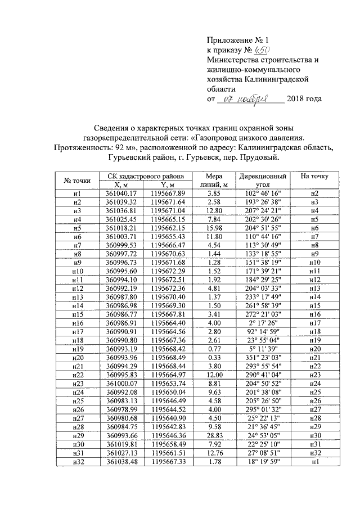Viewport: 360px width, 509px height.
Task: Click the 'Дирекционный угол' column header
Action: (x=263, y=180)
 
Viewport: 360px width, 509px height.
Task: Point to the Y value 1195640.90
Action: (x=168, y=417)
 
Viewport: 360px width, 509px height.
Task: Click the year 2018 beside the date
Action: (x=296, y=99)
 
